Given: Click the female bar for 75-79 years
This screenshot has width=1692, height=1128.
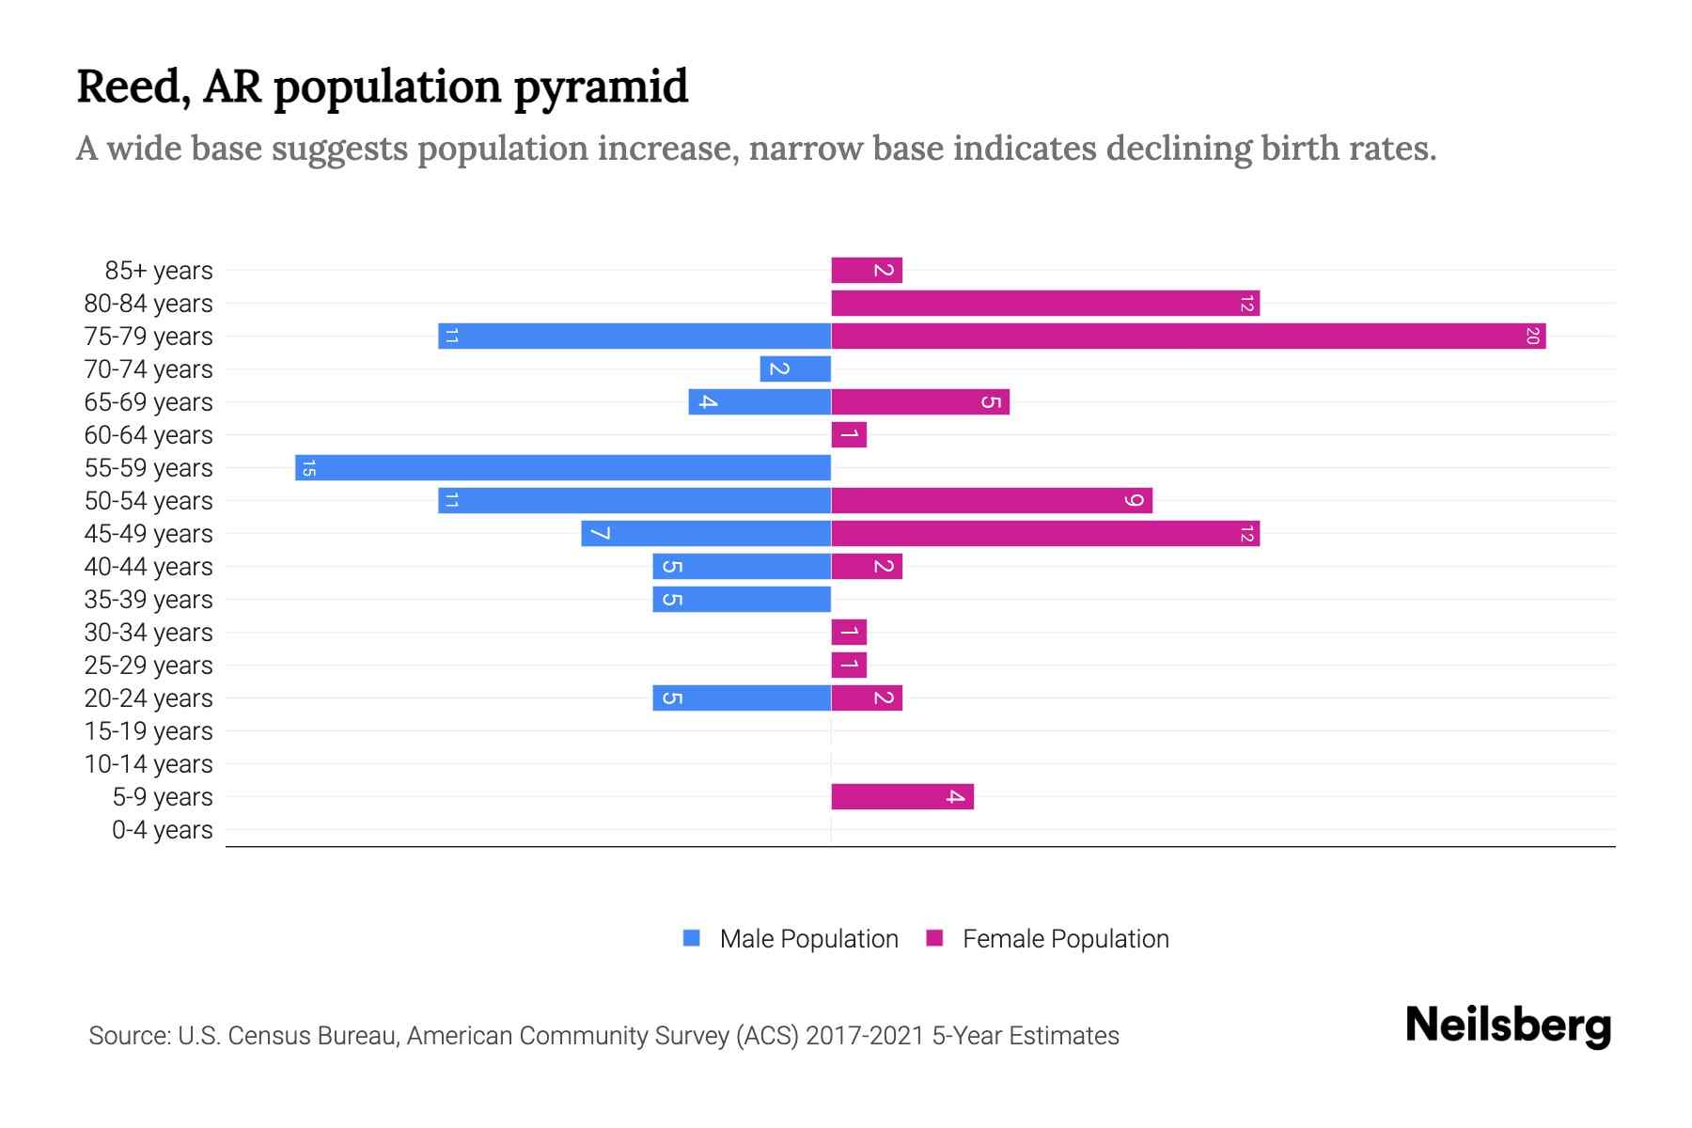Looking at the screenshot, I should tap(1188, 336).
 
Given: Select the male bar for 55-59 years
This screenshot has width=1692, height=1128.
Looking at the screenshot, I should tap(563, 467).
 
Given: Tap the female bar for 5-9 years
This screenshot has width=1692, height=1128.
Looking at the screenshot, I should tap(902, 796).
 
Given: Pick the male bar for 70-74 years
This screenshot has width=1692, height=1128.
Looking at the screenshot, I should tap(795, 368).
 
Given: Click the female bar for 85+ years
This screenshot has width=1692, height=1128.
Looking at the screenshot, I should tap(867, 270).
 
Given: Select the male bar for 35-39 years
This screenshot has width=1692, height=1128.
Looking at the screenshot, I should tap(742, 599).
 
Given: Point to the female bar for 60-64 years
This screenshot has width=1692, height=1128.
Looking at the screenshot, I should tap(849, 434).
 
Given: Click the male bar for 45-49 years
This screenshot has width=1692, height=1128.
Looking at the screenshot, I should tap(706, 533).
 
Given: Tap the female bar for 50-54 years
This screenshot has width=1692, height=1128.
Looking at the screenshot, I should tap(992, 500).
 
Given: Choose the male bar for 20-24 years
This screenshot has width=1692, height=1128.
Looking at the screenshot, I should tap(742, 697).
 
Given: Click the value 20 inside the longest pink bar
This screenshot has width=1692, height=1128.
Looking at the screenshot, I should tap(1532, 336).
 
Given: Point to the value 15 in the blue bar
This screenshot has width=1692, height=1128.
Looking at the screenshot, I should tap(309, 467).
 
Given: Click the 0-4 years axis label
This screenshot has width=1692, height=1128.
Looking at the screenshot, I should tap(162, 830).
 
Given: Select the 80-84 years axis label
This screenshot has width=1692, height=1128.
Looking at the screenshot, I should tap(149, 304).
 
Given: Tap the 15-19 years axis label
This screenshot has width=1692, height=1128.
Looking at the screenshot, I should tap(149, 731).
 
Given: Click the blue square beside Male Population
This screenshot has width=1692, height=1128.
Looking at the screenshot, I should tap(692, 938).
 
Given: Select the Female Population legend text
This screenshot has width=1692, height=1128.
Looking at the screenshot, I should tap(1065, 939).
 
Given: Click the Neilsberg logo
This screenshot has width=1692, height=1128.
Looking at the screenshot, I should tap(1508, 1026).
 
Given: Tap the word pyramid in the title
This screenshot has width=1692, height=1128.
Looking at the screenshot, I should tap(601, 86).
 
